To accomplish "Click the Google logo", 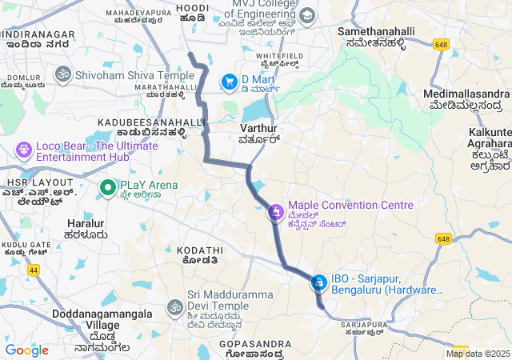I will [x=27, y=350].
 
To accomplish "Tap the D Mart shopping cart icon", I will [x=230, y=81].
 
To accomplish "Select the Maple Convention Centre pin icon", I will [x=275, y=212].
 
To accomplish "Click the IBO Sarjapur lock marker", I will [x=318, y=282].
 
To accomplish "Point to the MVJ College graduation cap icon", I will [x=306, y=15].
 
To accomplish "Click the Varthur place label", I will [x=258, y=128].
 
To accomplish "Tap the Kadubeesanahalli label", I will [x=152, y=122].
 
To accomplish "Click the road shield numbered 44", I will [x=34, y=270].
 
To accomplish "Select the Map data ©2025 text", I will [x=478, y=354].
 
